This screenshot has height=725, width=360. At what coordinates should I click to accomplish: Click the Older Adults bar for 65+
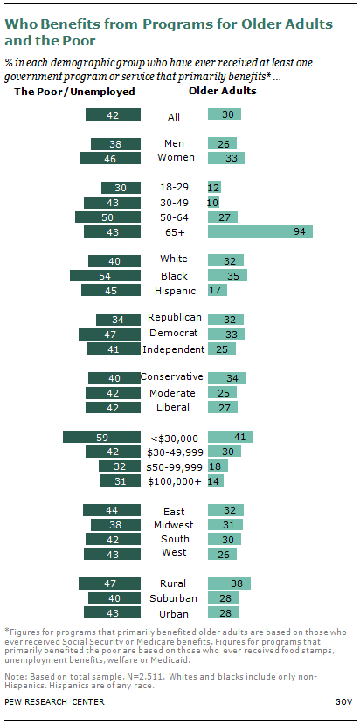[260, 231]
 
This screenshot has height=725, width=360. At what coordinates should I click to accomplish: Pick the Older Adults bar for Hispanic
[214, 290]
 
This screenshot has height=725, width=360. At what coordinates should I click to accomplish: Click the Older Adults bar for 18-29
[214, 187]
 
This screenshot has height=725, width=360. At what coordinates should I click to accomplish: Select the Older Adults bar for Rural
[229, 583]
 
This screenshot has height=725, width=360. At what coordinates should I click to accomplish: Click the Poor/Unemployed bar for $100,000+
[121, 480]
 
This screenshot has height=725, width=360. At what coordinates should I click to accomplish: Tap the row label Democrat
[174, 334]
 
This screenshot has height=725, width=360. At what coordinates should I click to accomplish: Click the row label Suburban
[174, 598]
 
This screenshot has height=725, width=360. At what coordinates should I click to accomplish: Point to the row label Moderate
[174, 393]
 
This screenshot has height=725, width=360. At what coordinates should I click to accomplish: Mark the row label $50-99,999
[174, 466]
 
